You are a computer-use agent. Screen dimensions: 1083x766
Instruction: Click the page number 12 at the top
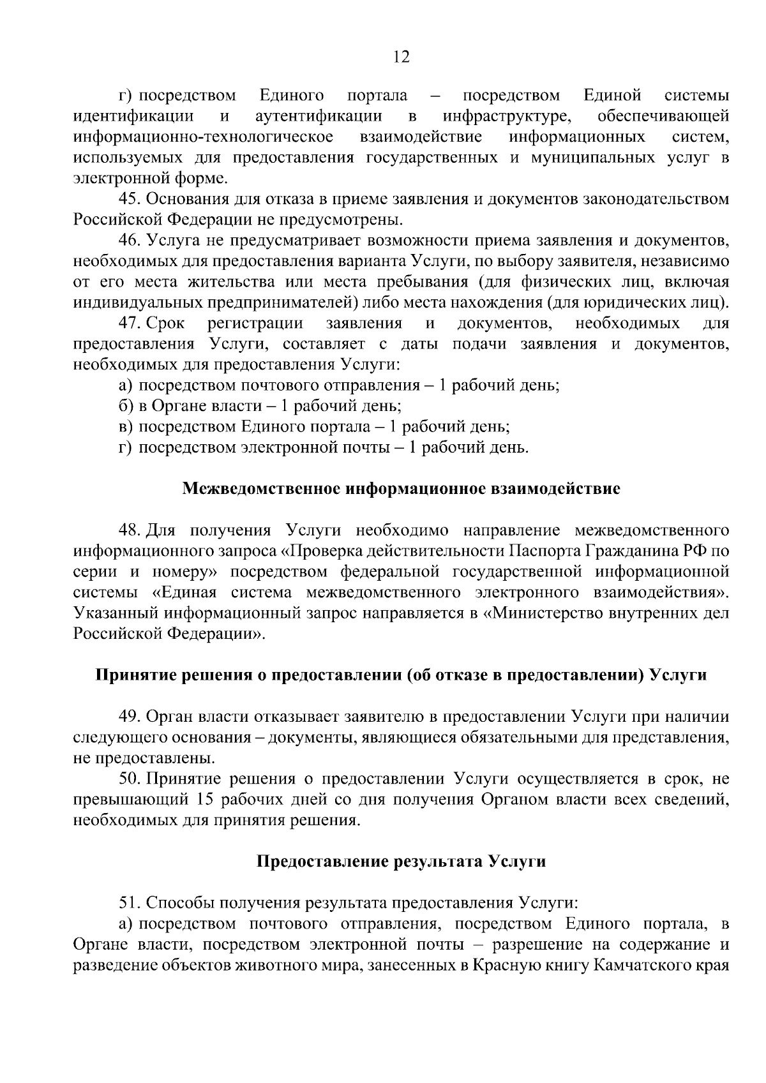(401, 57)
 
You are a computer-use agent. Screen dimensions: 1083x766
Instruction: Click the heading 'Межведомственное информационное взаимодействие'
(401, 489)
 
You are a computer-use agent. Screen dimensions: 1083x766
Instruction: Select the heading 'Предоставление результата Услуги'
(401, 862)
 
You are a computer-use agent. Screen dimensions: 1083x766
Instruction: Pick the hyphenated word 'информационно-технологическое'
(204, 137)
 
